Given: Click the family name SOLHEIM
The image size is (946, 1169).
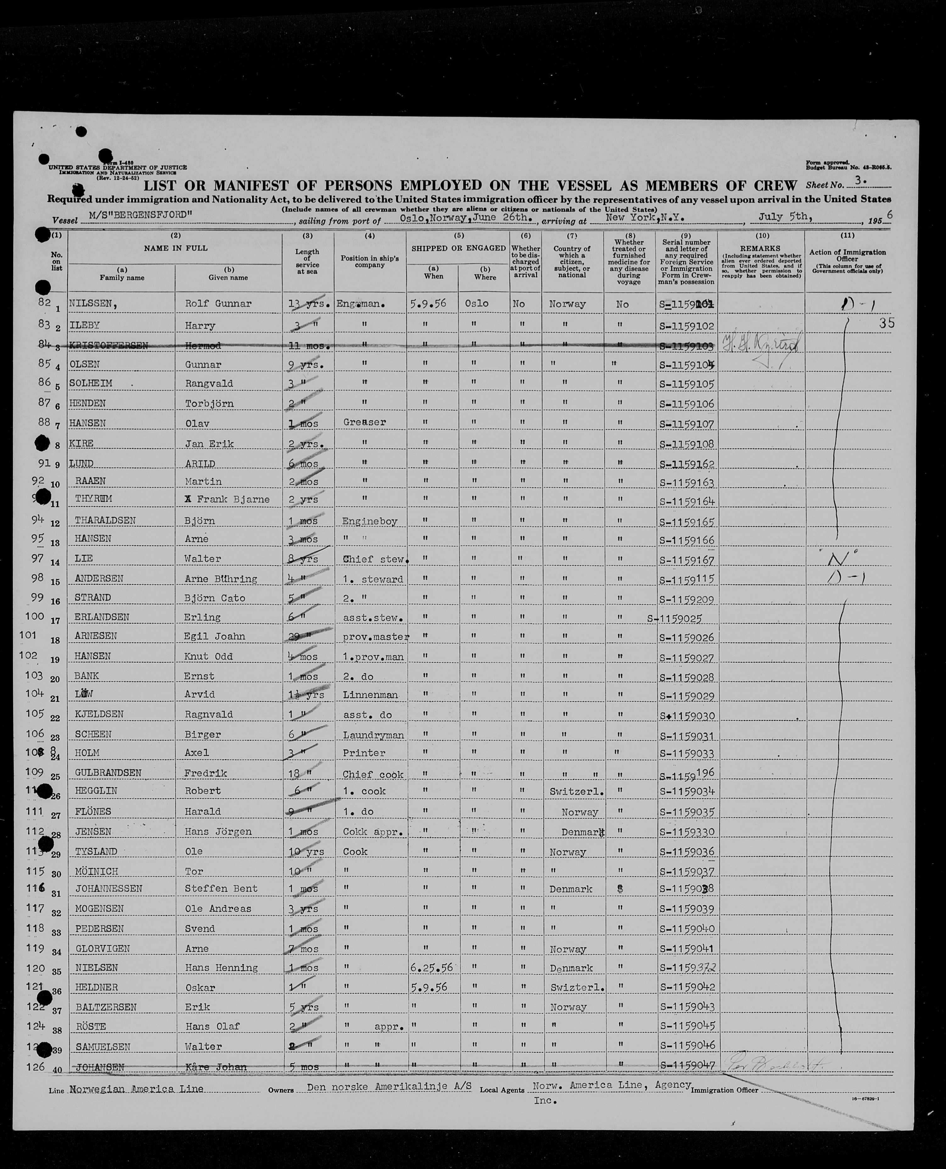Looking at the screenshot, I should [x=91, y=383].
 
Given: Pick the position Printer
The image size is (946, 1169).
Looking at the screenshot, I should [x=363, y=753].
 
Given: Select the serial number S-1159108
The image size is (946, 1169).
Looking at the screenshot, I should [x=686, y=444].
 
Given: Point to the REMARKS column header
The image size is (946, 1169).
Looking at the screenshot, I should [x=761, y=248].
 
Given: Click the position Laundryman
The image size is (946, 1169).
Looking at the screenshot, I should [x=373, y=735].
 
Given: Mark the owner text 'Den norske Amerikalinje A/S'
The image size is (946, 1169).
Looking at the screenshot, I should [x=389, y=1086].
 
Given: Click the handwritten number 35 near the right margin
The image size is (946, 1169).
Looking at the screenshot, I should [x=887, y=323].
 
